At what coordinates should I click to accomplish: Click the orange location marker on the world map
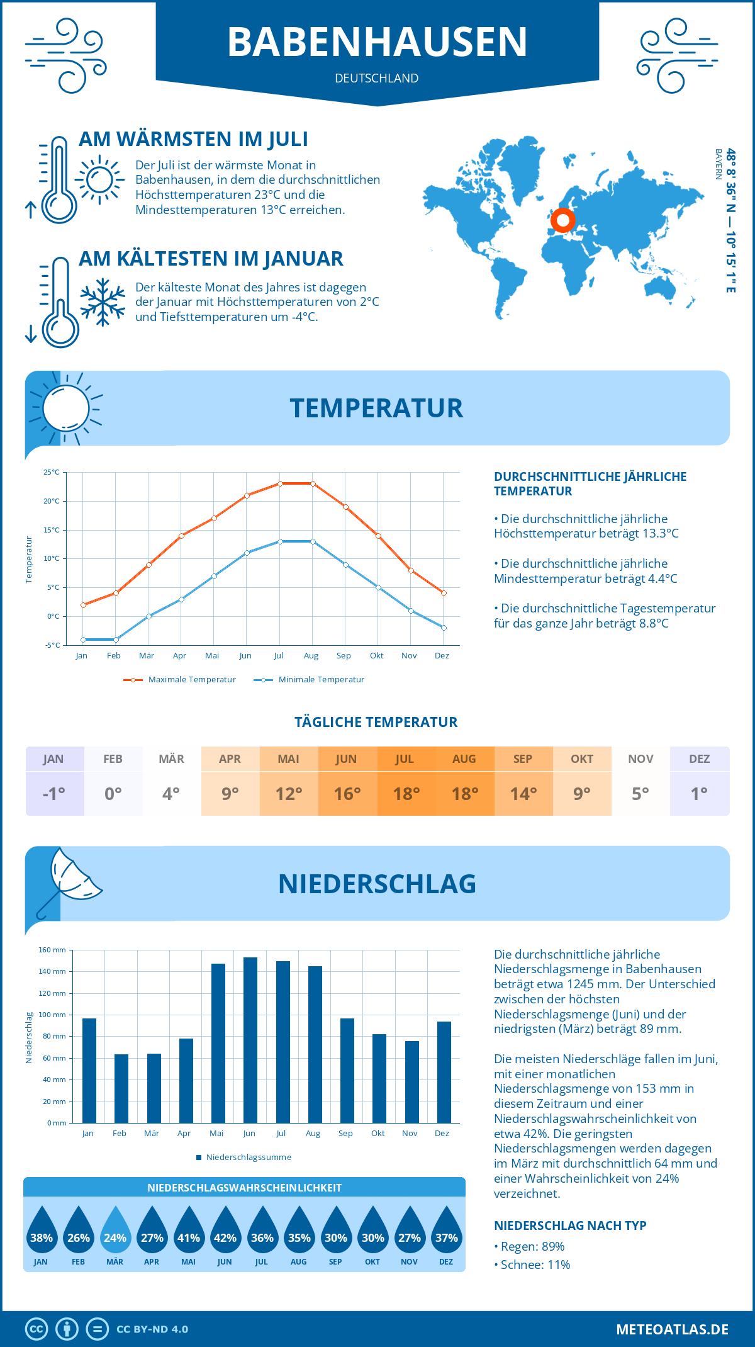tap(562, 220)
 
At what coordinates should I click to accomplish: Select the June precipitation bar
tap(250, 1040)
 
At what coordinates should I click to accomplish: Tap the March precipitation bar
tap(154, 1088)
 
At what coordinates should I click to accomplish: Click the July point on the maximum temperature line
tap(280, 483)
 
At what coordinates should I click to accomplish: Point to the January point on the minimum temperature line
tap(83, 640)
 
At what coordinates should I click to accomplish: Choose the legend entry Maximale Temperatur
tap(180, 680)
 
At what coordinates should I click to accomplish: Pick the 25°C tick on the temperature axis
tap(52, 472)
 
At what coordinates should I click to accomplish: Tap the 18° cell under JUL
tap(406, 794)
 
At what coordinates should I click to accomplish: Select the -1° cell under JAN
tap(54, 794)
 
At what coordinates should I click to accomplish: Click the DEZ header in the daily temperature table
tap(699, 759)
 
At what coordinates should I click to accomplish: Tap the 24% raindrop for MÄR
tap(115, 1231)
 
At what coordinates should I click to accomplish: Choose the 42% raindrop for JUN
tap(225, 1231)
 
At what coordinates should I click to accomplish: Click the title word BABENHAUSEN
tap(377, 42)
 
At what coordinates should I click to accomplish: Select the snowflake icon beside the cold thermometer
tap(103, 302)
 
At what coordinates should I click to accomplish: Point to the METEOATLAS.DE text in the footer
tap(672, 1329)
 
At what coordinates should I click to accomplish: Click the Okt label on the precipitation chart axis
tap(377, 1134)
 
